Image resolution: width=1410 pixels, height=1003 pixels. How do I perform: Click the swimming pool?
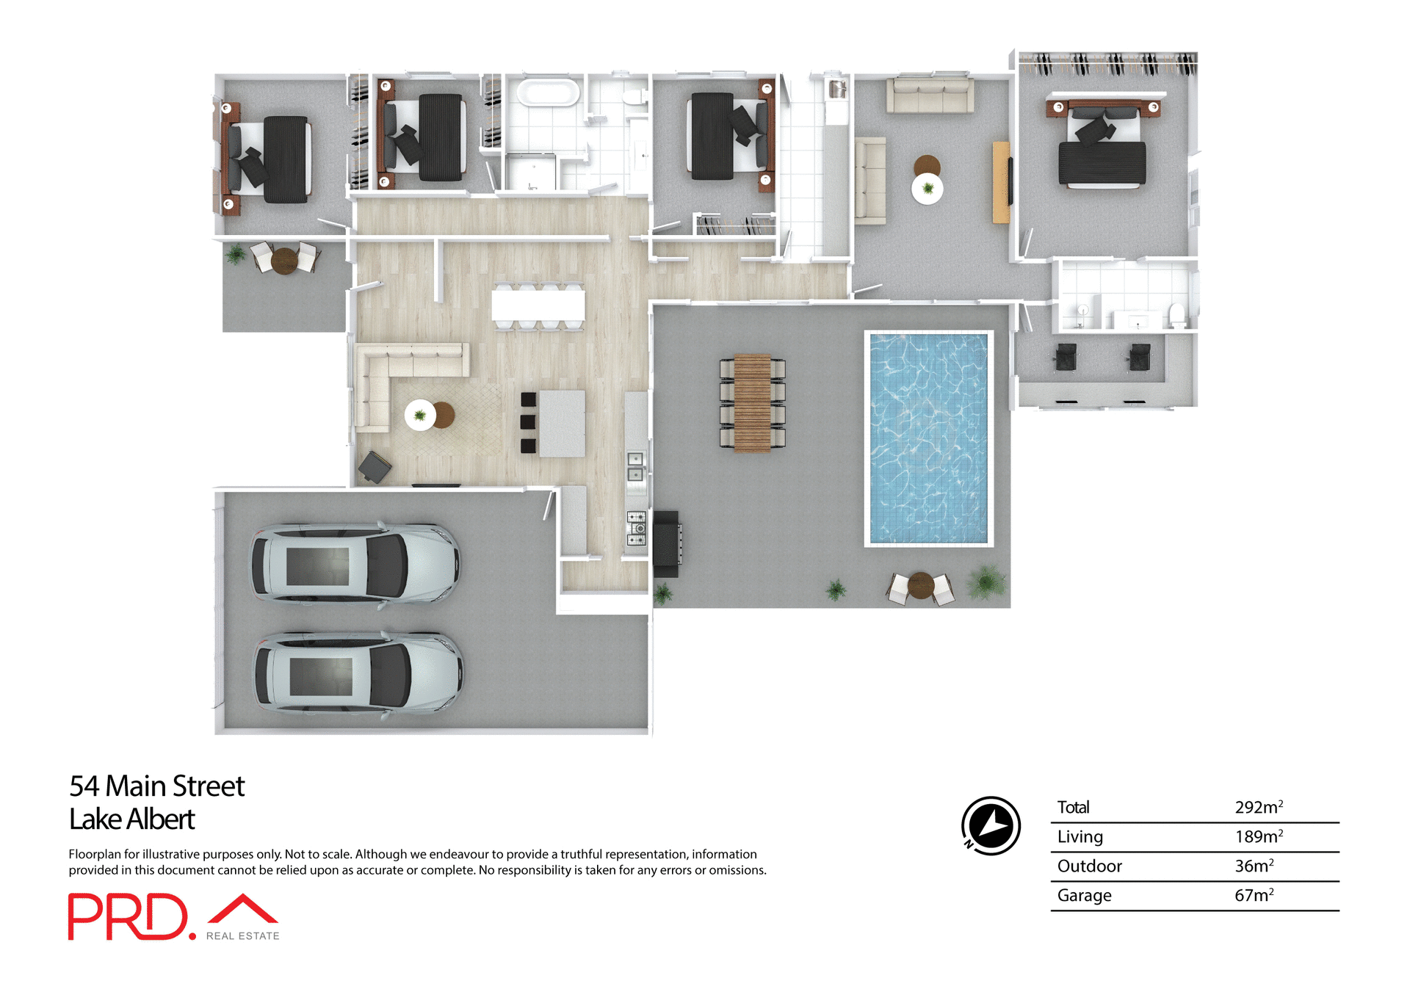click(928, 438)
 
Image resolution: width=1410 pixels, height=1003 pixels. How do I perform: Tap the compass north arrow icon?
click(991, 825)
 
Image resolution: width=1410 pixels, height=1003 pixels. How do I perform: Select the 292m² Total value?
click(1258, 807)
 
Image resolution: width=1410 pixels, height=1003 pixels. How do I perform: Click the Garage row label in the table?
click(1084, 895)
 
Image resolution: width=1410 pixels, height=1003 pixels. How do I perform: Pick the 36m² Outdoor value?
click(1254, 866)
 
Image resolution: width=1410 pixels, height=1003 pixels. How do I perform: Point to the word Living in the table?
click(1080, 836)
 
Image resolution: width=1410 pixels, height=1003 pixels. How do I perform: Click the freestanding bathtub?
click(548, 93)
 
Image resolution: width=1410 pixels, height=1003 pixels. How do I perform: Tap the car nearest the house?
click(355, 564)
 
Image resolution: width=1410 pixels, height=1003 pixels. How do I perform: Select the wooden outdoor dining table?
click(752, 402)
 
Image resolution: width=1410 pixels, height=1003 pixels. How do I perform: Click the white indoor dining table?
click(538, 305)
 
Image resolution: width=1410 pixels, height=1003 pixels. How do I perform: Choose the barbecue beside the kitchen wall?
click(667, 543)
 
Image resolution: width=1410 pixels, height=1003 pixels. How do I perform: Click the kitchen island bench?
click(562, 424)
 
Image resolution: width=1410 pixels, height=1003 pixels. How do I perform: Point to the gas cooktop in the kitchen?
click(636, 528)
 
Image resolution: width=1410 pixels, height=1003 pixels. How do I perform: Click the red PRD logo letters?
click(129, 916)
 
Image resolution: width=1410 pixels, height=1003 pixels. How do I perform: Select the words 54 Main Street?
click(156, 786)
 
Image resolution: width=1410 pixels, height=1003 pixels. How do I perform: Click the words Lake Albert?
click(131, 819)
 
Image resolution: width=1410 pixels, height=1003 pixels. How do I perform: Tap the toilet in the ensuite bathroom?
click(1177, 315)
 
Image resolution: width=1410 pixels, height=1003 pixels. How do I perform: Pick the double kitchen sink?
click(635, 467)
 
